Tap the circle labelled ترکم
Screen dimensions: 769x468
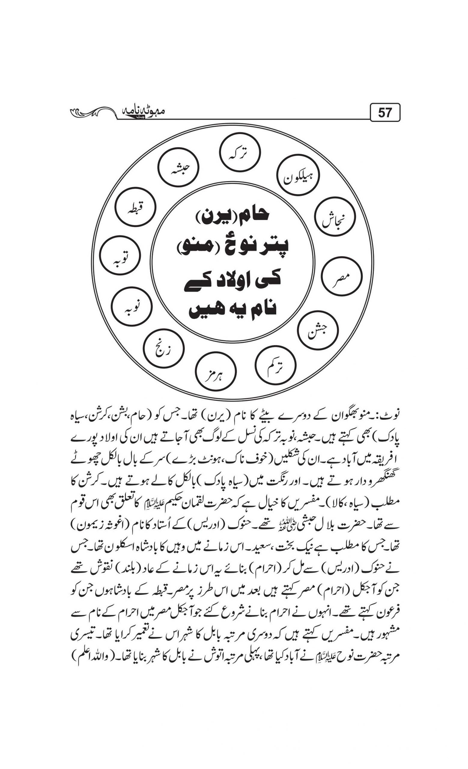click(275, 365)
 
